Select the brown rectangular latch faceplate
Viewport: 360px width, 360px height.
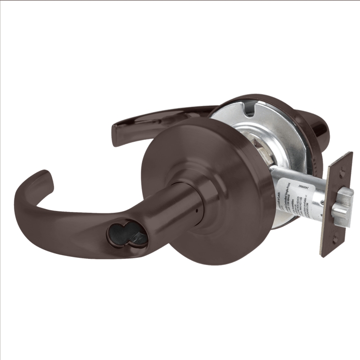coord(335,205)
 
